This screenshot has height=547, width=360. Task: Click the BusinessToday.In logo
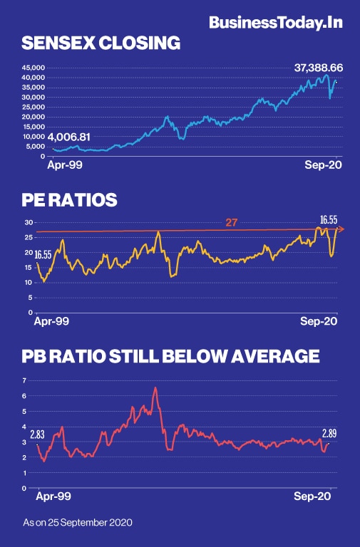pos(275,23)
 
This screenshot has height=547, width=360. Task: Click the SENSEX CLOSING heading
pos(100,44)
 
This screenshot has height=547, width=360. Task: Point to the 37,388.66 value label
pos(319,68)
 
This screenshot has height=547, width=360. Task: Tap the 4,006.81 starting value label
pos(68,137)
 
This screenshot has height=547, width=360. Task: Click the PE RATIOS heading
pos(68,201)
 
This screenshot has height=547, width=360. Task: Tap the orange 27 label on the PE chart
pos(231,223)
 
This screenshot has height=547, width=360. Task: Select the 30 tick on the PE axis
pos(29,222)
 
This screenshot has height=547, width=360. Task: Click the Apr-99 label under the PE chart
pos(52,321)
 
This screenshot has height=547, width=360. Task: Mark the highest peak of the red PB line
pos(155,388)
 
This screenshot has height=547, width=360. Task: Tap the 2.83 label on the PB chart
pos(37,434)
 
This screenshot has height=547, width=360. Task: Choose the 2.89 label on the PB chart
pos(329,433)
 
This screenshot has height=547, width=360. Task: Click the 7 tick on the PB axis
pos(26,380)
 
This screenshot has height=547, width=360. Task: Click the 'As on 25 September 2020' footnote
pos(77,522)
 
